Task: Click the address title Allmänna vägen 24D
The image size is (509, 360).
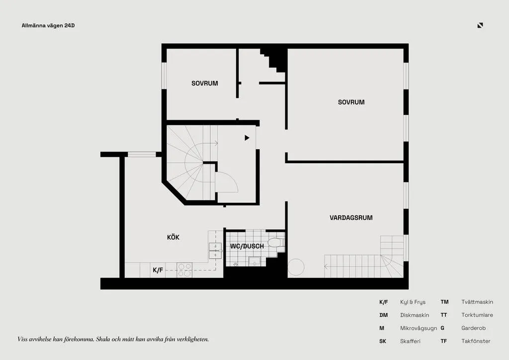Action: click(x=48, y=26)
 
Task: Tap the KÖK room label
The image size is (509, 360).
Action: click(x=173, y=237)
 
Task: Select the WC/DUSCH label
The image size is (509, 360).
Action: click(x=247, y=247)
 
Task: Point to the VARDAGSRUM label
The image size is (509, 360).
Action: click(x=351, y=218)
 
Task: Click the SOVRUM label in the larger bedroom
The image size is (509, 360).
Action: click(x=351, y=102)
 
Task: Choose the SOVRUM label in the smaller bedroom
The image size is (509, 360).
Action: click(x=204, y=84)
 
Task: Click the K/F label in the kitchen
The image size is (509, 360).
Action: click(x=158, y=270)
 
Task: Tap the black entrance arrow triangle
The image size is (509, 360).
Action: click(x=247, y=138)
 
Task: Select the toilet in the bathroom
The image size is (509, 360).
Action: click(x=276, y=242)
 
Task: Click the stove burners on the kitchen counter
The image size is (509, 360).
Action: click(x=184, y=270)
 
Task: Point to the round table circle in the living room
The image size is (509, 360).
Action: click(x=296, y=267)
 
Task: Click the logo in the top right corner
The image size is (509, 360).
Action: click(x=480, y=25)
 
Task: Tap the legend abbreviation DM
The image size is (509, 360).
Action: click(x=383, y=315)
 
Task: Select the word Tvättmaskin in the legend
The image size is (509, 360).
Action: click(x=477, y=302)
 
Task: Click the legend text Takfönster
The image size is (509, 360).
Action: click(x=476, y=341)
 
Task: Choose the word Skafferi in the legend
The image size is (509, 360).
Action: click(x=410, y=341)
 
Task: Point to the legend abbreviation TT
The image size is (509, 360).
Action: click(x=444, y=315)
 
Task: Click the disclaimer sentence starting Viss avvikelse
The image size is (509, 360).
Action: click(x=113, y=340)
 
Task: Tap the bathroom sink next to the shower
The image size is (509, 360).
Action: click(x=254, y=262)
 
